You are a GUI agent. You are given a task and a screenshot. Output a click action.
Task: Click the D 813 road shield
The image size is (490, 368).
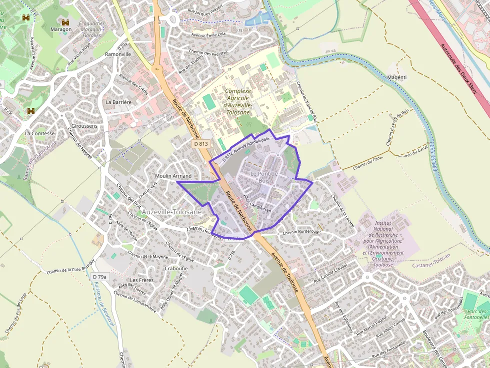(200, 144)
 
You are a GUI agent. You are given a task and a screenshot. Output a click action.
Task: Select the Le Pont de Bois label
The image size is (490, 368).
(263, 177)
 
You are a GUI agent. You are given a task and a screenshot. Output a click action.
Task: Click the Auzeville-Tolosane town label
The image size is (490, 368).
(172, 212)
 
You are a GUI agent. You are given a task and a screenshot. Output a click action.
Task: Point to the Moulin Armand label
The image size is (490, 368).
(173, 176)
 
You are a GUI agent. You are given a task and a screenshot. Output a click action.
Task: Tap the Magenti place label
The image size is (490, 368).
(397, 77)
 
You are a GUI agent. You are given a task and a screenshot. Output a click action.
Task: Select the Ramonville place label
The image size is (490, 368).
(118, 54)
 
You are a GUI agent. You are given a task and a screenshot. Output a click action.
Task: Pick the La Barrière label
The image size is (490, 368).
(118, 102)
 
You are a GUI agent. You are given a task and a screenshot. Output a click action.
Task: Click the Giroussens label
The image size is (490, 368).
(84, 126)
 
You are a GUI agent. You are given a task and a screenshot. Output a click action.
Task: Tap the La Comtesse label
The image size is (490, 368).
(39, 133)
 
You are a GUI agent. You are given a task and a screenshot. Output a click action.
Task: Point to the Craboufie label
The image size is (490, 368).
(176, 268)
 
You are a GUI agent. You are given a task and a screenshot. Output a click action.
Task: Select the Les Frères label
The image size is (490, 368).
(142, 280)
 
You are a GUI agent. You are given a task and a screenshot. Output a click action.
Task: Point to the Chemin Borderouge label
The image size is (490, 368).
(301, 232)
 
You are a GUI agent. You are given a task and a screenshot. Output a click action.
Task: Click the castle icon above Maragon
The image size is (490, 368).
(65, 22)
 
